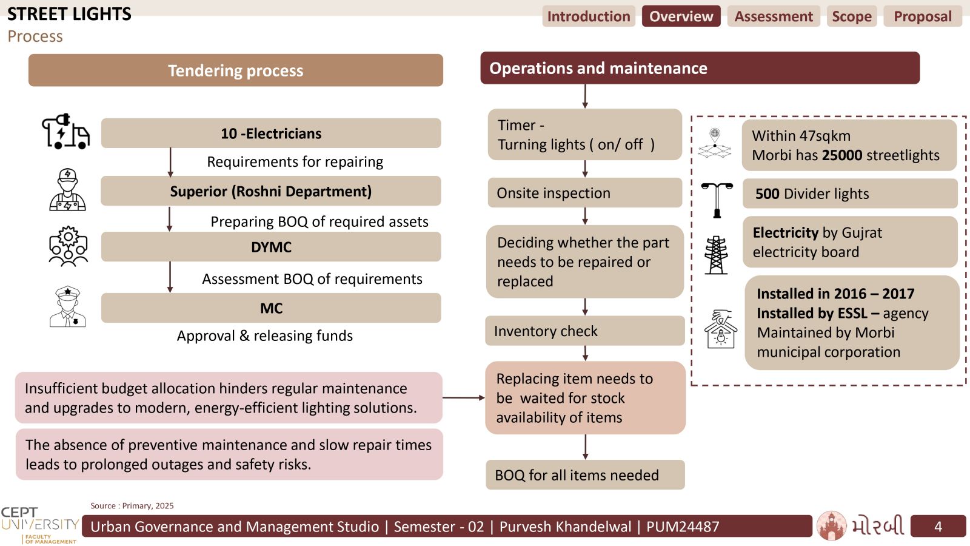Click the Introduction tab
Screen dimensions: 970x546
pyautogui.click(x=589, y=16)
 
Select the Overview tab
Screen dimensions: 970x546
pyautogui.click(x=681, y=16)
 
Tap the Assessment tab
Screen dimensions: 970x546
pyautogui.click(x=774, y=16)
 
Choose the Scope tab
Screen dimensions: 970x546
pyautogui.click(x=852, y=16)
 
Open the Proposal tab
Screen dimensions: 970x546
pyautogui.click(x=923, y=16)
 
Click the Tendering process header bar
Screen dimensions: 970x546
pyautogui.click(x=236, y=70)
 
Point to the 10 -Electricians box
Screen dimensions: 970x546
pyautogui.click(x=271, y=133)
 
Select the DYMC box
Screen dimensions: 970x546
pyautogui.click(x=271, y=246)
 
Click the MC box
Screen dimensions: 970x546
pyautogui.click(x=271, y=308)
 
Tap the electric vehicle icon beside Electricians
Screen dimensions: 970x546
pyautogui.click(x=66, y=131)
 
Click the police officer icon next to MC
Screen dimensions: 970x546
pyautogui.click(x=67, y=306)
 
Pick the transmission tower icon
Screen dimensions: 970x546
pyautogui.click(x=716, y=255)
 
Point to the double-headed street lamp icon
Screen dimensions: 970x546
pyautogui.click(x=717, y=200)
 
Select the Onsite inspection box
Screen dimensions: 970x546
pyautogui.click(x=584, y=193)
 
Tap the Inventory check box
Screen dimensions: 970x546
pyautogui.click(x=584, y=331)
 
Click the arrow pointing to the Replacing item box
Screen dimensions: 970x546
pyautogui.click(x=463, y=397)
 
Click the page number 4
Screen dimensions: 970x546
pyautogui.click(x=938, y=527)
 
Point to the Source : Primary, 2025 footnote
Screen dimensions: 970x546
pyautogui.click(x=132, y=506)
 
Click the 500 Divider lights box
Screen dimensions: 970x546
pyautogui.click(x=850, y=194)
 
